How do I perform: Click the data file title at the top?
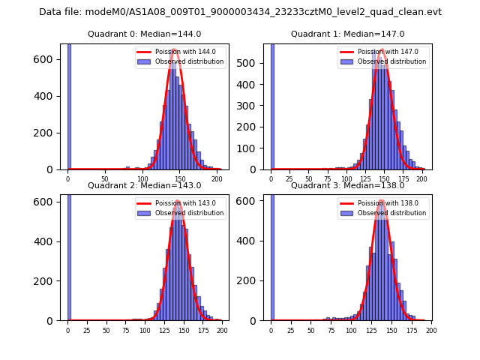coord(240,12)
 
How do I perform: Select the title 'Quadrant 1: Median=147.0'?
coord(347,34)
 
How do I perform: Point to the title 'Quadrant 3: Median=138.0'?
coord(347,185)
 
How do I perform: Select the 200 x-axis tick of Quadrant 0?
coord(217,180)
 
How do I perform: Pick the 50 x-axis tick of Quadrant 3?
coord(311,331)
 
